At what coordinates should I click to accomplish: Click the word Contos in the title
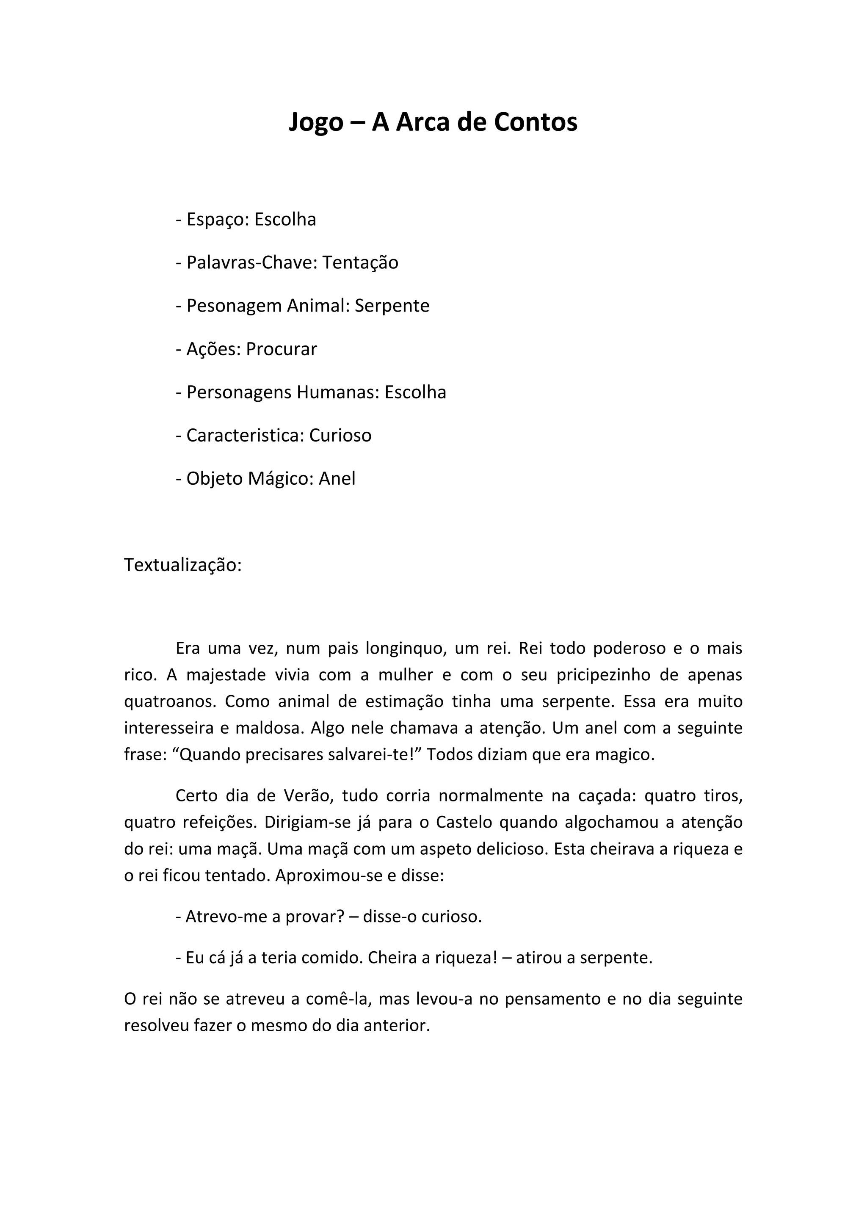click(x=536, y=122)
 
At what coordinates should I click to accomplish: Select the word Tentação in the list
click(x=360, y=263)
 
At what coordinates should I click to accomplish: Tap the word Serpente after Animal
click(x=392, y=306)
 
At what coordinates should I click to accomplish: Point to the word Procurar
click(x=282, y=349)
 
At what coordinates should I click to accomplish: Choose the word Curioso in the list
click(x=340, y=436)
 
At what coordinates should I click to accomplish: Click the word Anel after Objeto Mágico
click(x=337, y=478)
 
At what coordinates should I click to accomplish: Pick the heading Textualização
click(x=182, y=565)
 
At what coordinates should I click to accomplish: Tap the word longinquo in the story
click(x=406, y=649)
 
